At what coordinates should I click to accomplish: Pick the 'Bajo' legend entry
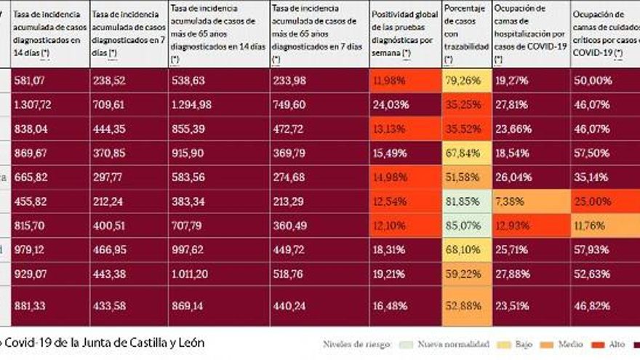[x=518, y=344]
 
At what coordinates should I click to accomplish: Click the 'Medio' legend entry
[x=564, y=344]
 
